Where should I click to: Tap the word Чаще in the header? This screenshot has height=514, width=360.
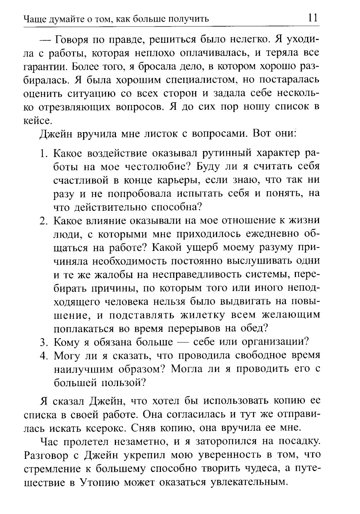[x=33, y=19]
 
